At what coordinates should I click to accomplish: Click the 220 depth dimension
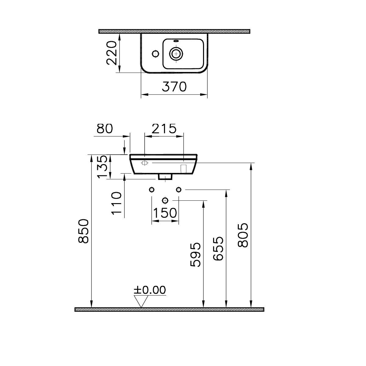tap(112, 53)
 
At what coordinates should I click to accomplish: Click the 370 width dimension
tap(174, 87)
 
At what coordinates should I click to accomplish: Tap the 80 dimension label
tap(105, 129)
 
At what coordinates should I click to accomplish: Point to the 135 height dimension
tap(103, 167)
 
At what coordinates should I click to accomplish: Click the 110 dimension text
tap(117, 203)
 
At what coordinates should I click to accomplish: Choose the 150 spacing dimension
tap(165, 213)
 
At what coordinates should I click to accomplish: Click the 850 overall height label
tap(83, 231)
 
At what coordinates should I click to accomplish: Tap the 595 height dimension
tap(196, 255)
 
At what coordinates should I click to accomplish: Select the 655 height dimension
tap(218, 249)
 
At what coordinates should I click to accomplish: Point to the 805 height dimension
tap(243, 235)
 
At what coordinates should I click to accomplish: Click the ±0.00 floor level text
tap(150, 290)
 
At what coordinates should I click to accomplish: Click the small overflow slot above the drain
tap(176, 41)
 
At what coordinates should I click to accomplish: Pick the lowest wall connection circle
tap(165, 200)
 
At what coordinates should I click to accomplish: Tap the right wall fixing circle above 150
tap(179, 190)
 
